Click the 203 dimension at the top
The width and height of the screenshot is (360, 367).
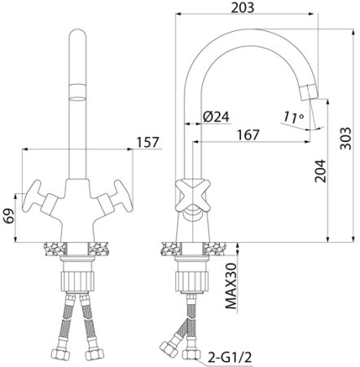click(x=243, y=7)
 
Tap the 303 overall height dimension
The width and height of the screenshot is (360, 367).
click(x=345, y=138)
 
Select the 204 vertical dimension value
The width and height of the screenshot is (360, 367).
click(x=320, y=171)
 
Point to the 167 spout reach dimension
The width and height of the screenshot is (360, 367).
click(x=248, y=135)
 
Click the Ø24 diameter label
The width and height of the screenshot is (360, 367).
click(x=216, y=117)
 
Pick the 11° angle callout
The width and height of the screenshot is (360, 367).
click(x=293, y=117)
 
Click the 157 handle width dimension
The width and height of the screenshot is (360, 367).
click(x=147, y=142)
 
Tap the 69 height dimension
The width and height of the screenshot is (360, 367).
click(x=9, y=216)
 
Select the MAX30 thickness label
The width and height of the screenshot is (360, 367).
click(x=231, y=286)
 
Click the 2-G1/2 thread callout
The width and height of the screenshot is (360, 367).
click(x=230, y=357)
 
